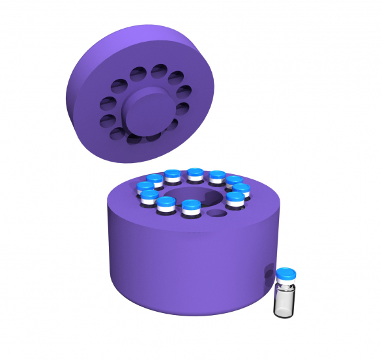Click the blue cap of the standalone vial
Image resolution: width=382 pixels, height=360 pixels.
point(286,273)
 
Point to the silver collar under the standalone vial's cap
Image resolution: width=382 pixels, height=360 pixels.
point(286,281)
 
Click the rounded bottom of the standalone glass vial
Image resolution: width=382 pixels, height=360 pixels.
point(284,314)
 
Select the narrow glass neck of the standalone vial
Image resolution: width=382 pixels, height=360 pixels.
point(285,286)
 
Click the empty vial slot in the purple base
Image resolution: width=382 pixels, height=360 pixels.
point(216,213)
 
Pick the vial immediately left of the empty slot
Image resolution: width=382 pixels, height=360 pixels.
point(191,207)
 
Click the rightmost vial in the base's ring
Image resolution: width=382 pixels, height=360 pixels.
point(241,190)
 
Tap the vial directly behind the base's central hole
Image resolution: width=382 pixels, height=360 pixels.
point(195,175)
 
